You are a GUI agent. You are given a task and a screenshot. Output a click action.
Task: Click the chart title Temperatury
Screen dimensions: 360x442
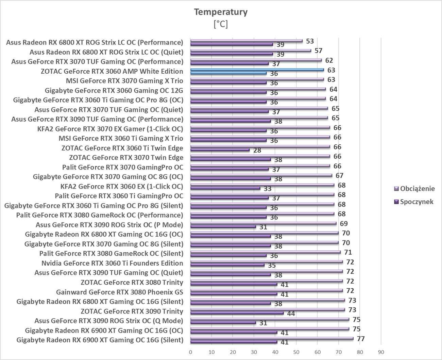tap(221, 12)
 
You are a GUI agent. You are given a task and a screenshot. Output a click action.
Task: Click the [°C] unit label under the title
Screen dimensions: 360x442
tap(221, 24)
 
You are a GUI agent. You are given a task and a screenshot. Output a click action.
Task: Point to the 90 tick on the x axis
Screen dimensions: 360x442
tap(381, 352)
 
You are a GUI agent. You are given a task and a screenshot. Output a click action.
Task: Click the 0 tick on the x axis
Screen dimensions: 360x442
tap(190, 352)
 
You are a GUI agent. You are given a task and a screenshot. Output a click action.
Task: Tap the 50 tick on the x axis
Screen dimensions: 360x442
tap(296, 352)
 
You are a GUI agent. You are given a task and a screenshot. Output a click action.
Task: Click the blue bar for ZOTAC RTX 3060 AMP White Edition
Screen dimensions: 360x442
tap(257, 70)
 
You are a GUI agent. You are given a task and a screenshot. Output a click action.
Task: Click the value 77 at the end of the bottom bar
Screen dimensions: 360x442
tap(360, 339)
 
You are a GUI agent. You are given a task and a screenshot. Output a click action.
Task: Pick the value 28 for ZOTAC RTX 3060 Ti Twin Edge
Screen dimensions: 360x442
tap(257, 150)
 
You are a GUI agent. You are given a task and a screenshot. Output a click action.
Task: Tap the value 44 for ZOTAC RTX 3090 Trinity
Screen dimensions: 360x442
tap(291, 313)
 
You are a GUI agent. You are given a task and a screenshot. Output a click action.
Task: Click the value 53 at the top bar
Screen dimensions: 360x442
tap(310, 41)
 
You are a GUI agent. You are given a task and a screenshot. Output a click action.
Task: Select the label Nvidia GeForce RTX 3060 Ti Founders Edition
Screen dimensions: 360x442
tap(112, 263)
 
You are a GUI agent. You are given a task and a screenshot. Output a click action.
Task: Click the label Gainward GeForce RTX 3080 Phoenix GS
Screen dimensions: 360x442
tap(119, 292)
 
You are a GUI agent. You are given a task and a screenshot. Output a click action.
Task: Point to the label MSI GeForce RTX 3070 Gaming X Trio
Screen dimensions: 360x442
tap(124, 81)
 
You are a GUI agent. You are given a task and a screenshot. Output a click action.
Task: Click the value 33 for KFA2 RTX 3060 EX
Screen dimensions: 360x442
tap(268, 188)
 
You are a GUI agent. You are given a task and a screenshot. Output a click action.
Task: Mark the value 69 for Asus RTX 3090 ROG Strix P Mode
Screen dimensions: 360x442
tap(344, 223)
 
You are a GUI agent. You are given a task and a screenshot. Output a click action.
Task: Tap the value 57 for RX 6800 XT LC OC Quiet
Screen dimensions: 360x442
tap(318, 51)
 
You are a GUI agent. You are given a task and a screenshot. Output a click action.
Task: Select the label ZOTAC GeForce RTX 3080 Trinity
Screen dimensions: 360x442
tap(132, 283)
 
